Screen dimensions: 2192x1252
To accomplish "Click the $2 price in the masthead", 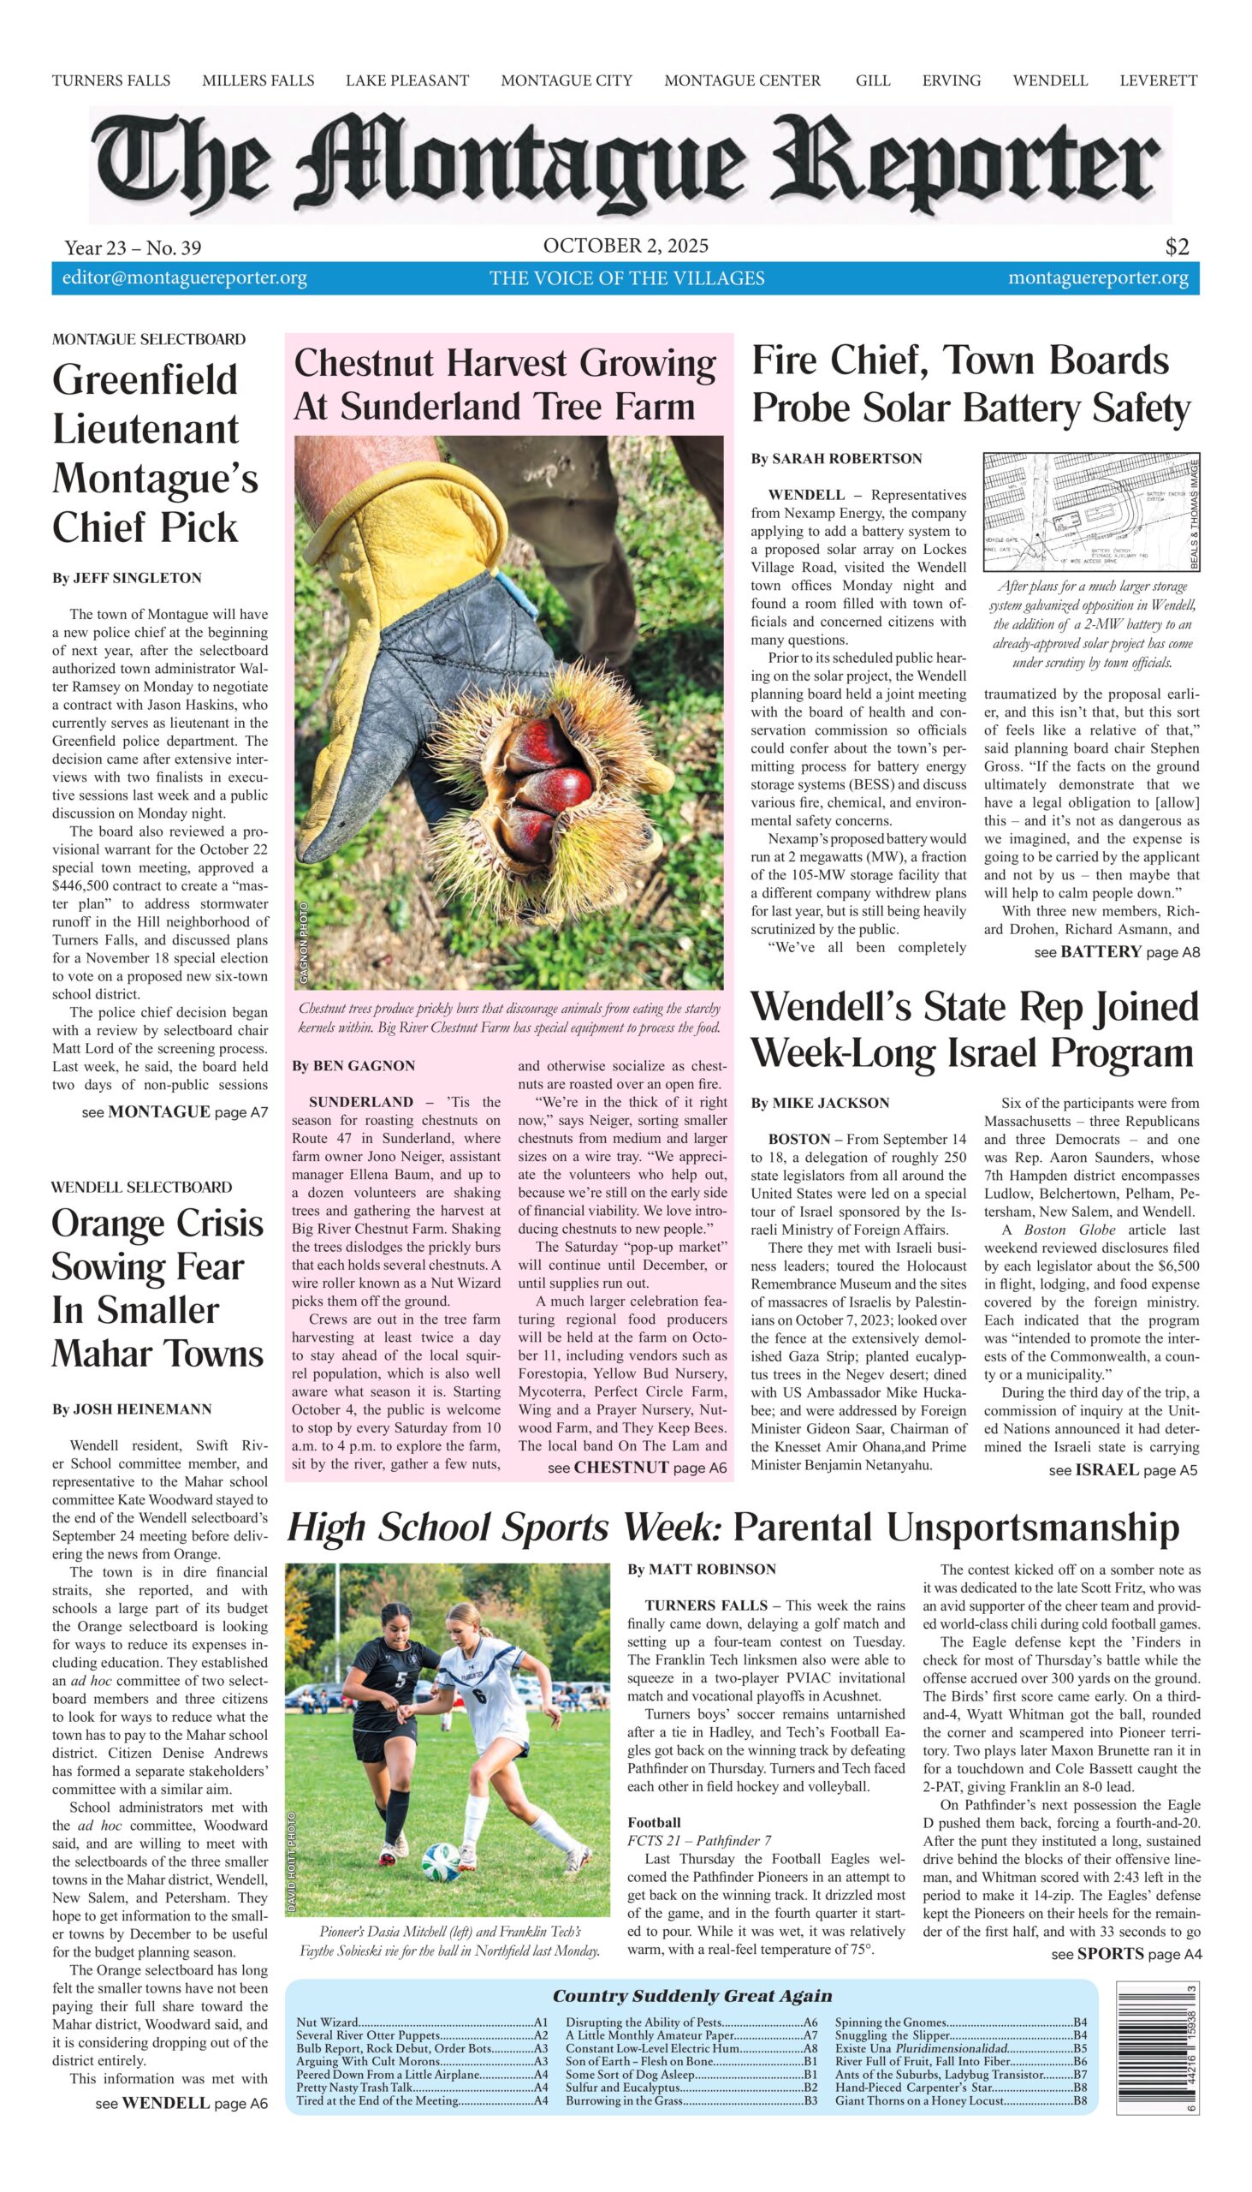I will coord(1177,247).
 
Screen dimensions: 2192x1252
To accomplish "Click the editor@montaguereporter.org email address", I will coord(184,278).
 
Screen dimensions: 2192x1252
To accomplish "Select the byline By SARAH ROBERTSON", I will coord(836,459).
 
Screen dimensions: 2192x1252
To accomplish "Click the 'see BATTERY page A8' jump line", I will coord(1116,951).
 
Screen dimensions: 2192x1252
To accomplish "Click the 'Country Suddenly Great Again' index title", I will coord(691,1995).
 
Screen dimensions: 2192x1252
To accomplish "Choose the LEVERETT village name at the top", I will coord(1157,80).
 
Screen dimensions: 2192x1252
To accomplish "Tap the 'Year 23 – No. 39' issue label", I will coord(133,248).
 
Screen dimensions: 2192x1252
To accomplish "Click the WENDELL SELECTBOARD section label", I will coord(141,1187).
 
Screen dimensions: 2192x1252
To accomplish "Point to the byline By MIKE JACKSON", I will coord(820,1103).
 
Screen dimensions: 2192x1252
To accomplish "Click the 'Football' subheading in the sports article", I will coord(654,1821).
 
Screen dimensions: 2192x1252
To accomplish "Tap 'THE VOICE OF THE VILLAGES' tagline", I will coord(626,278).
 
